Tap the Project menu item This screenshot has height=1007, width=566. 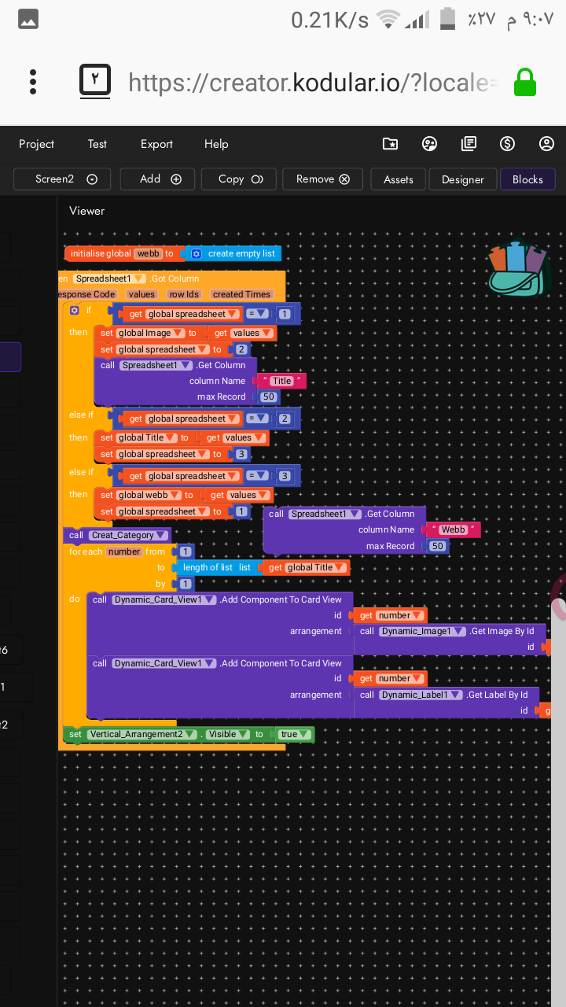click(x=36, y=144)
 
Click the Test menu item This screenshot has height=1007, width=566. click(x=97, y=144)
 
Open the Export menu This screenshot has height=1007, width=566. click(x=156, y=144)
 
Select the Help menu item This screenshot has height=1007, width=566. click(x=216, y=144)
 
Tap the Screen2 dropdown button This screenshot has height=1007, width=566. click(x=62, y=179)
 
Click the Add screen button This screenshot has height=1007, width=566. click(x=160, y=179)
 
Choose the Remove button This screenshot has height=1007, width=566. click(x=322, y=179)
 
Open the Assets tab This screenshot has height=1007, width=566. click(x=399, y=179)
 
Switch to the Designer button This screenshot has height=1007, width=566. click(x=462, y=179)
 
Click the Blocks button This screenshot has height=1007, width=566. click(x=527, y=179)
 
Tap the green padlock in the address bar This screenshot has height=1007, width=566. click(x=524, y=83)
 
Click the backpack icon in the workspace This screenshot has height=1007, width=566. click(x=516, y=269)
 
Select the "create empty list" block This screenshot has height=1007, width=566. click(x=234, y=253)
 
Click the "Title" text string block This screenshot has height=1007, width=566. click(x=282, y=381)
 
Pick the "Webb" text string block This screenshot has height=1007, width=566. click(x=453, y=529)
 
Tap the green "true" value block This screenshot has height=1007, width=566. click(x=292, y=734)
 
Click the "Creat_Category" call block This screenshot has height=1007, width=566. click(x=118, y=535)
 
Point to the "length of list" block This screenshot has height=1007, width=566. click(x=208, y=567)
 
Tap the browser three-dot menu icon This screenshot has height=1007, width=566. click(x=33, y=82)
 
